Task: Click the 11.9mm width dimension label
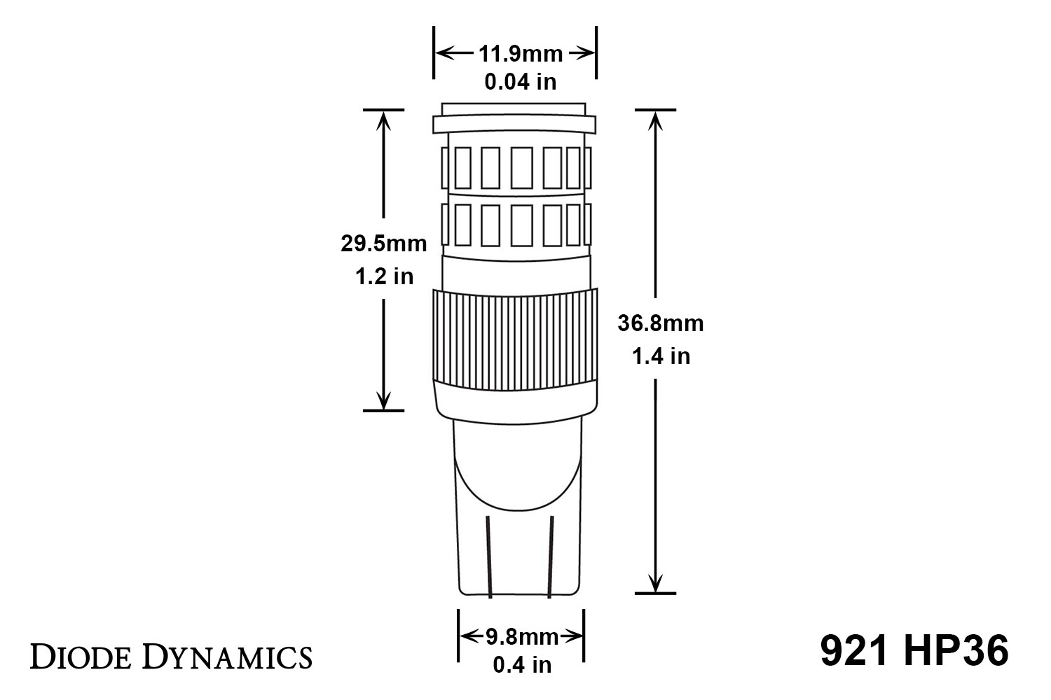[521, 54]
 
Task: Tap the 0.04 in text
[521, 82]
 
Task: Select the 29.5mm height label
[384, 244]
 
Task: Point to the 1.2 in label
[384, 276]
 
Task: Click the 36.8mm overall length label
[661, 323]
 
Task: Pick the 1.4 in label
[661, 356]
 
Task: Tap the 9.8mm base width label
[522, 637]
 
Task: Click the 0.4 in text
[522, 665]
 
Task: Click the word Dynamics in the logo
[228, 658]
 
